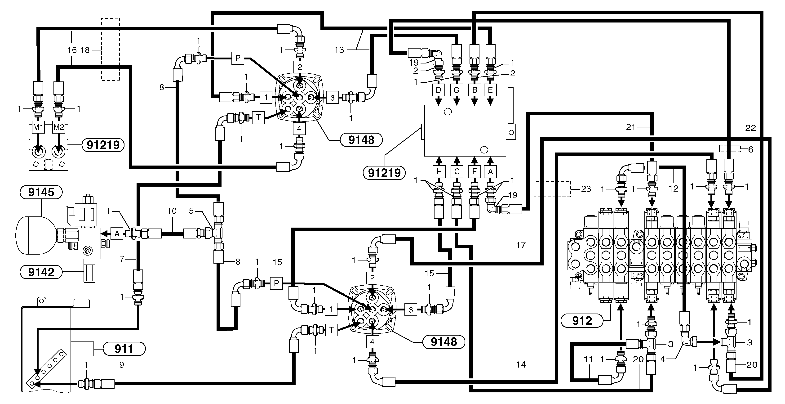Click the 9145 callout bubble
pos(41,192)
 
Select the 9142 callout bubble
pos(41,272)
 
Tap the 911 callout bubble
pos(124,349)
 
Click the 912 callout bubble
pos(582,320)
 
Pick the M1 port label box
pos(38,127)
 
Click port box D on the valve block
pos(439,90)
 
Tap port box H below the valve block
pos(439,172)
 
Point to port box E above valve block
pos(490,90)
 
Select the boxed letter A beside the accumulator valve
pos(117,234)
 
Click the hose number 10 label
pos(172,211)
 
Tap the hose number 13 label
pos(339,50)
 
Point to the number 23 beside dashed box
pos(586,189)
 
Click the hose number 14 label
pos(521,365)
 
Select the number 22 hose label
pos(750,128)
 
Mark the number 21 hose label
pos(631,127)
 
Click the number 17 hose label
pos(521,245)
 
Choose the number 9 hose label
pos(122,365)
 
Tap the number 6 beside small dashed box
pos(750,149)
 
